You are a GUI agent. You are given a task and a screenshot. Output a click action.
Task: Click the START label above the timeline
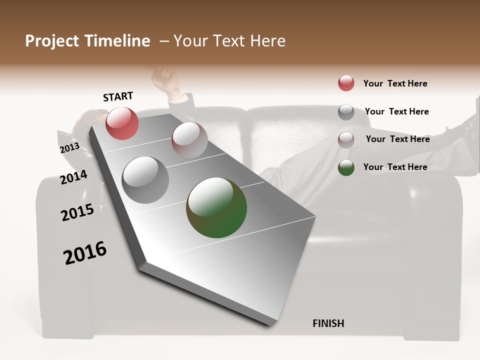118,96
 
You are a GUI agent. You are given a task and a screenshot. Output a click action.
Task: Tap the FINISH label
328,323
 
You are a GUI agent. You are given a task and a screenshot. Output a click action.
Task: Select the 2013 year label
69,148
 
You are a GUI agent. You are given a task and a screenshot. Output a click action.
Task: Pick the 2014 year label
73,177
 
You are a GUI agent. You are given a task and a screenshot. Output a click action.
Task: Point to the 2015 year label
77,212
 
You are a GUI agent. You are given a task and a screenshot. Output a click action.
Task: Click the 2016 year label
85,253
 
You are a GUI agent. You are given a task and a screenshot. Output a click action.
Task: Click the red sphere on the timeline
122,123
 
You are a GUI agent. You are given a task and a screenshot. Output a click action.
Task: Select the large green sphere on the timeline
216,207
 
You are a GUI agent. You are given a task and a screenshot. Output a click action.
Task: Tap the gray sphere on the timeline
145,179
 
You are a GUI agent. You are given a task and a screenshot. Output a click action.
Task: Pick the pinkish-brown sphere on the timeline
189,140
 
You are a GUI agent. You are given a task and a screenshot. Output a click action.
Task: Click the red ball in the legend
346,83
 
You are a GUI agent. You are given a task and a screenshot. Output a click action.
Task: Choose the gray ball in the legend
346,111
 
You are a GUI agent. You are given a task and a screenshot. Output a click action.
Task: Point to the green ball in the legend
346,167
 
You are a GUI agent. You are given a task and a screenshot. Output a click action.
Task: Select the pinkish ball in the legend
346,139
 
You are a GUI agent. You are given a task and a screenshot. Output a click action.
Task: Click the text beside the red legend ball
395,83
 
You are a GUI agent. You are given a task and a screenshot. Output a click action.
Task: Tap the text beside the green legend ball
395,167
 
